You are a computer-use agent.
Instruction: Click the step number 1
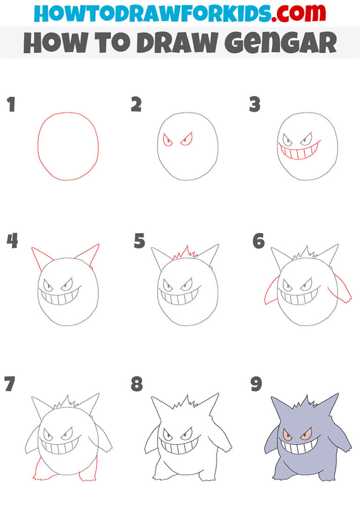11,105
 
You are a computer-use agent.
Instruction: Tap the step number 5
139,241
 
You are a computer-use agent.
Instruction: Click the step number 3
254,105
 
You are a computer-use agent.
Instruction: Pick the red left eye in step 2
167,140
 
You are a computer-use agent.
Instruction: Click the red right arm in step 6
342,290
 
